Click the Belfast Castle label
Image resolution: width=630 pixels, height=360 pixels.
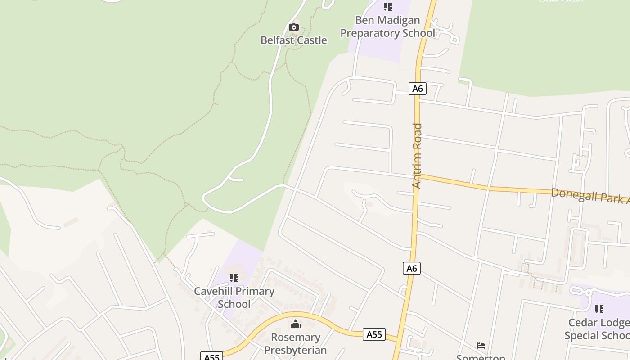point(293,40)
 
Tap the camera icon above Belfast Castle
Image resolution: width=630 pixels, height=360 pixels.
point(293,27)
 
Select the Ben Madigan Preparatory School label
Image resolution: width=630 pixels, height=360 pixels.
point(387,27)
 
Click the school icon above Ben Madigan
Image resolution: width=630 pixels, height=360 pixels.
point(387,7)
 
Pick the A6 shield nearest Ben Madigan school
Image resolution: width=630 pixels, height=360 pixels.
point(418,88)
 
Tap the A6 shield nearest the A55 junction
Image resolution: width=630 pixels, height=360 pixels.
point(412,269)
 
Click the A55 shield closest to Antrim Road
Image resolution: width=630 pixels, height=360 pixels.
point(374,334)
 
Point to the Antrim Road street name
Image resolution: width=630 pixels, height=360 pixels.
point(417,156)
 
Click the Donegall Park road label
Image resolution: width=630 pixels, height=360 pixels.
point(589,196)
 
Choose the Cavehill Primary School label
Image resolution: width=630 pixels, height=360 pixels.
point(234,297)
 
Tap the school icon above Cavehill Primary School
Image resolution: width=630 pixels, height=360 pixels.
point(234,278)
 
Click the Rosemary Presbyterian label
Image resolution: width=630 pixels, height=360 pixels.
point(295,343)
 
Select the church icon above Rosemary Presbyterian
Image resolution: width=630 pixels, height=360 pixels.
point(296,324)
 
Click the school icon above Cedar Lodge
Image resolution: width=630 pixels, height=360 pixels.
point(599,309)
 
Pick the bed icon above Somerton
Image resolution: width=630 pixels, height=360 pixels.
point(481,346)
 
